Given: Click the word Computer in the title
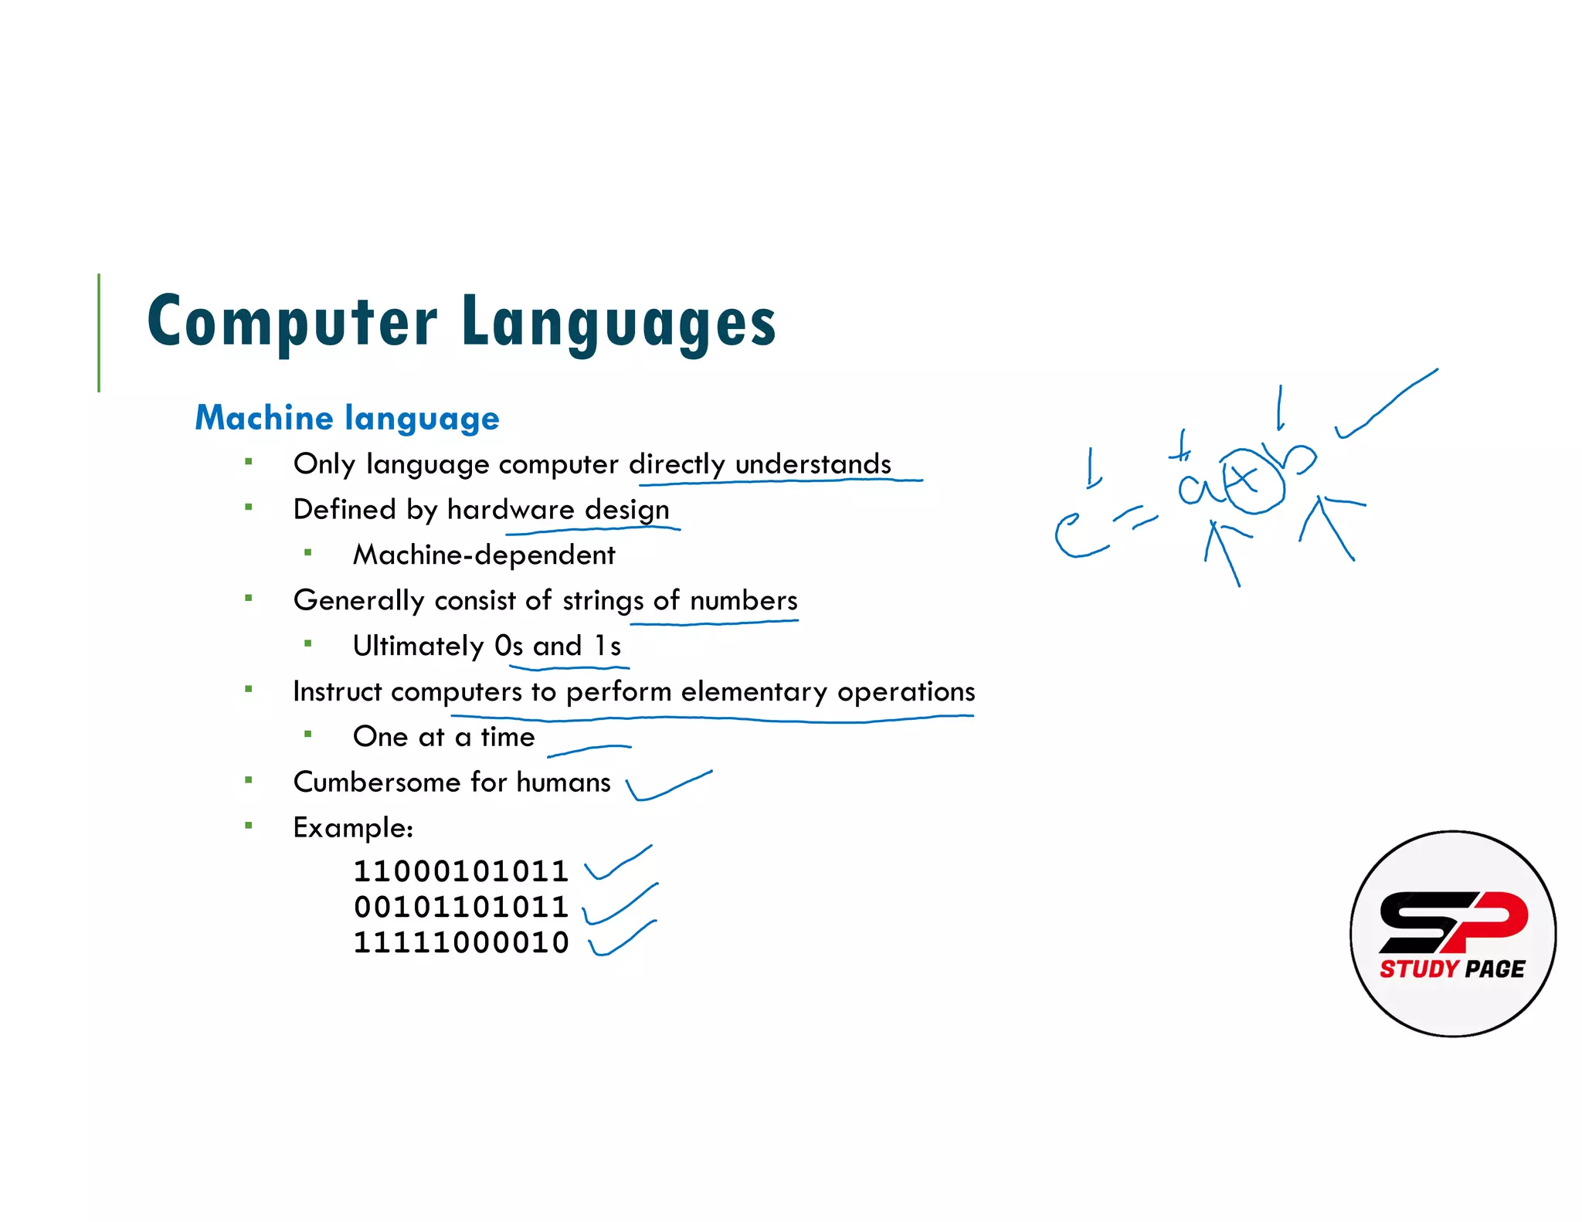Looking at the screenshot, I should [x=292, y=322].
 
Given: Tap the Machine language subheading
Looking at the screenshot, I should [x=347, y=418].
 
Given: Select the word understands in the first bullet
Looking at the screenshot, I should [x=813, y=464].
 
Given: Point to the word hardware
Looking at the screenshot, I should [x=511, y=510].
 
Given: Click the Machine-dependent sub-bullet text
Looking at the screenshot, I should [x=484, y=555].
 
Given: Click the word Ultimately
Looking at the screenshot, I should [x=418, y=646].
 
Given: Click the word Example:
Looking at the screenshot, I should [x=353, y=828].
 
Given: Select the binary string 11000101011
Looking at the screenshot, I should [x=460, y=871].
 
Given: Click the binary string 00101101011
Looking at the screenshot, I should [x=460, y=907].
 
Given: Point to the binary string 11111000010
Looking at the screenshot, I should [x=460, y=942].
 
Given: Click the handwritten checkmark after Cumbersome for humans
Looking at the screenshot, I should [x=667, y=786].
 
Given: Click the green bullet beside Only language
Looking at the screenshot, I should [x=249, y=463].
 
